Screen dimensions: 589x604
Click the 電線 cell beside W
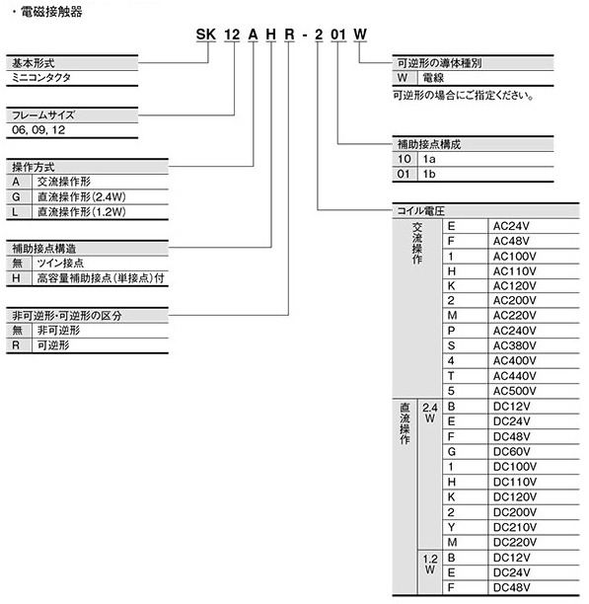click(434, 77)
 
